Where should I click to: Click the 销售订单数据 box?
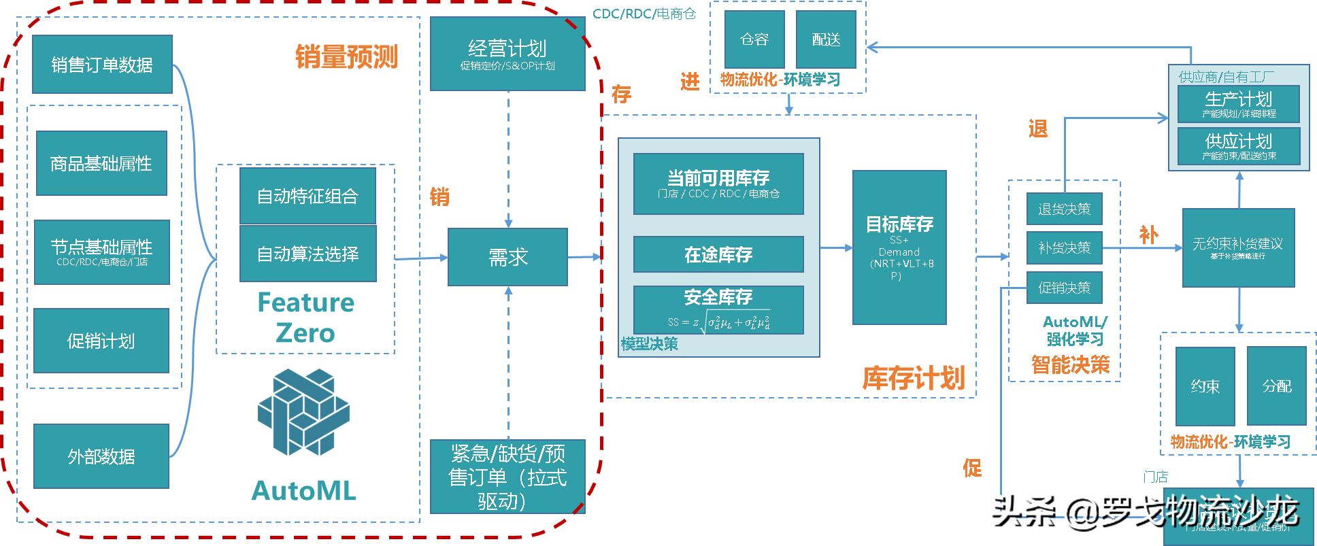pyautogui.click(x=102, y=65)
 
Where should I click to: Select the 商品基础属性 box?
pyautogui.click(x=101, y=163)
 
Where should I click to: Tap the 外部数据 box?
pyautogui.click(x=101, y=456)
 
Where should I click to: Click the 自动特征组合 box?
pyautogui.click(x=307, y=196)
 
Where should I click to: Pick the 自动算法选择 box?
pyautogui.click(x=307, y=254)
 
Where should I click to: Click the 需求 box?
pyautogui.click(x=507, y=257)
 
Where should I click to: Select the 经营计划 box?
pyautogui.click(x=507, y=54)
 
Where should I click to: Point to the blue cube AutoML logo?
pyautogui.click(x=303, y=412)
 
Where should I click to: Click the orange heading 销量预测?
pyautogui.click(x=346, y=57)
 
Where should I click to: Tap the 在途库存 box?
pyautogui.click(x=718, y=254)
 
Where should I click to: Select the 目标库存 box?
pyautogui.click(x=899, y=248)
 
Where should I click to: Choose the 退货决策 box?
pyautogui.click(x=1064, y=209)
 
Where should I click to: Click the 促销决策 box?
pyautogui.click(x=1064, y=288)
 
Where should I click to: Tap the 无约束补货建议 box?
pyautogui.click(x=1238, y=248)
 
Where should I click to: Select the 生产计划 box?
pyautogui.click(x=1238, y=103)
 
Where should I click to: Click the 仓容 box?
pyautogui.click(x=754, y=39)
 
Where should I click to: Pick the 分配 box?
pyautogui.click(x=1276, y=386)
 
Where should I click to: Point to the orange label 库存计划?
pyautogui.click(x=914, y=378)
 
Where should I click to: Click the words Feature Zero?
pyautogui.click(x=305, y=318)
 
